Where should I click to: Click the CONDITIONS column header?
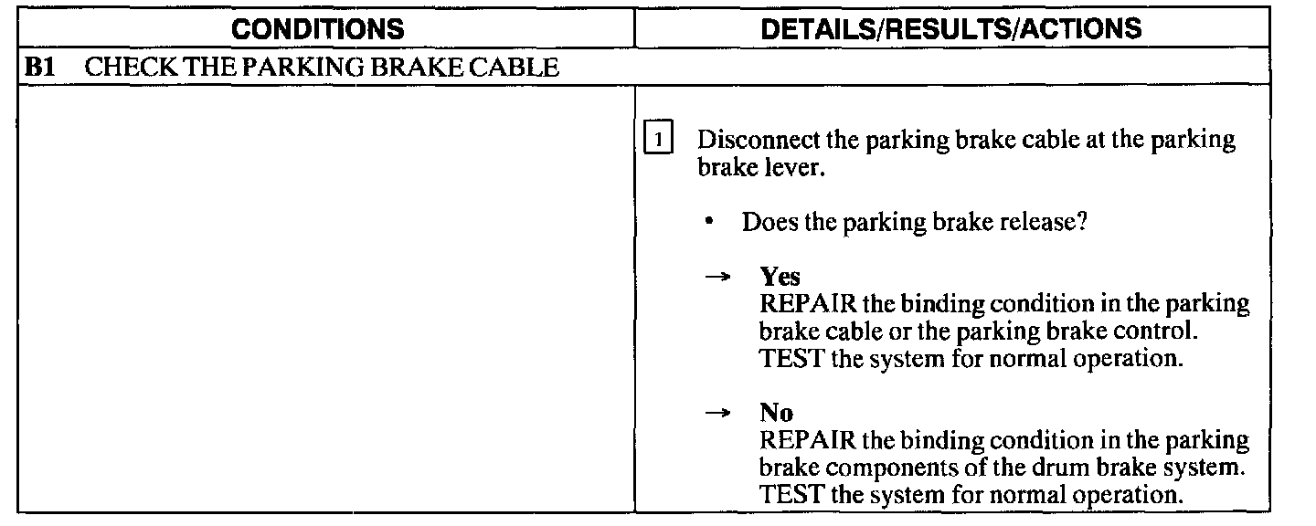point(317,28)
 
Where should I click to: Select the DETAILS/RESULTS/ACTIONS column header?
point(951,28)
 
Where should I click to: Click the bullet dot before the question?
point(709,222)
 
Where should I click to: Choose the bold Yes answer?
point(780,277)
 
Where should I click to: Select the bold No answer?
point(776,413)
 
